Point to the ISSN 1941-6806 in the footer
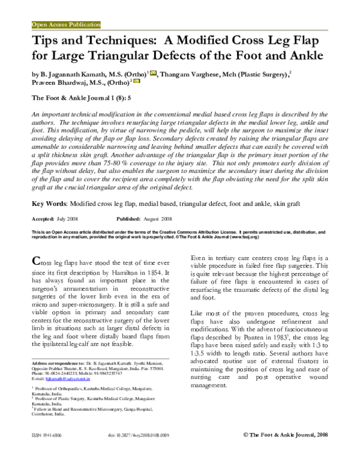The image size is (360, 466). click(x=47, y=450)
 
